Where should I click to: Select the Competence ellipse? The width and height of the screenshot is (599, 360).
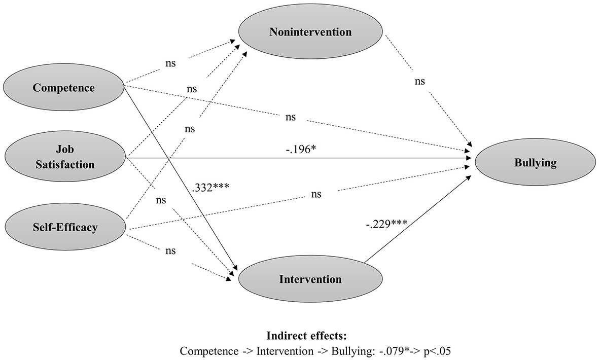tap(63, 88)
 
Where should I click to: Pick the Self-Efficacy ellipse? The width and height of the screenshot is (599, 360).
tap(64, 227)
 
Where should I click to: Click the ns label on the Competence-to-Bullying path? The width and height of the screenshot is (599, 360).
tap(290, 117)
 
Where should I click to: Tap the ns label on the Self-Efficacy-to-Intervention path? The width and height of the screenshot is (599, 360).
tap(170, 251)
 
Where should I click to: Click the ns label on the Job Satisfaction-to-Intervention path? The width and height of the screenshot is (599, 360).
tap(160, 200)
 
